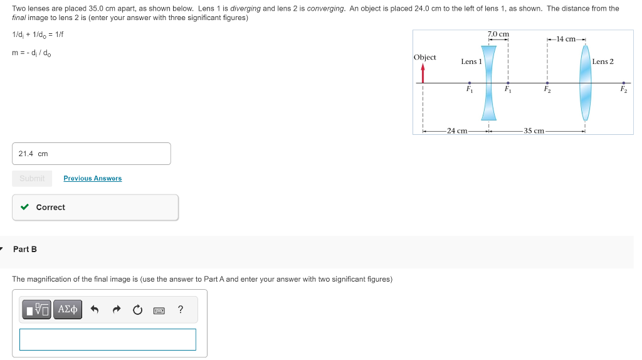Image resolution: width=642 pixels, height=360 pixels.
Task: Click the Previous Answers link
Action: tap(92, 179)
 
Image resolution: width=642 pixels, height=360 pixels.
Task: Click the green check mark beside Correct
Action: tap(24, 207)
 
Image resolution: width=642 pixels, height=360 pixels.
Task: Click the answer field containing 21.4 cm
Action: tap(91, 154)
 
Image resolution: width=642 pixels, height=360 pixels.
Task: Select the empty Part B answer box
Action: tap(108, 339)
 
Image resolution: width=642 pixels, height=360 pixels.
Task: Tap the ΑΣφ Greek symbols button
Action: tap(67, 309)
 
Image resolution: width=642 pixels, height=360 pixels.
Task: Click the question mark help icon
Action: tap(181, 309)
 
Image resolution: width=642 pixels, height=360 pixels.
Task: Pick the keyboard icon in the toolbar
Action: tap(159, 310)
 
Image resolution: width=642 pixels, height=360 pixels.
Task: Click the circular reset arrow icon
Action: tap(137, 310)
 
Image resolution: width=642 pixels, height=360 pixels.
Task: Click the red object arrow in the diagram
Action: tap(423, 74)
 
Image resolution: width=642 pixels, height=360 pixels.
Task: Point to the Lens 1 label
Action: tap(471, 61)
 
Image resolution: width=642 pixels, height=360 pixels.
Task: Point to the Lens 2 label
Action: tap(603, 61)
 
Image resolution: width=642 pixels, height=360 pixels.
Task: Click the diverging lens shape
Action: tap(488, 82)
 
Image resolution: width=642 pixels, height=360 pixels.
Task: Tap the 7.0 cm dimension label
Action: tap(498, 34)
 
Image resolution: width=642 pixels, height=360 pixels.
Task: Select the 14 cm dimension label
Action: tap(566, 39)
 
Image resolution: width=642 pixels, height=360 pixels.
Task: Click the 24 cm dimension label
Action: tap(457, 131)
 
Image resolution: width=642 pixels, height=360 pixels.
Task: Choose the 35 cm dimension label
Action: tap(534, 131)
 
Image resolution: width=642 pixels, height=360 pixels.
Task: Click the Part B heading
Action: tap(25, 249)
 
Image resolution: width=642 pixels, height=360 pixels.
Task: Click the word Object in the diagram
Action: tap(425, 57)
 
